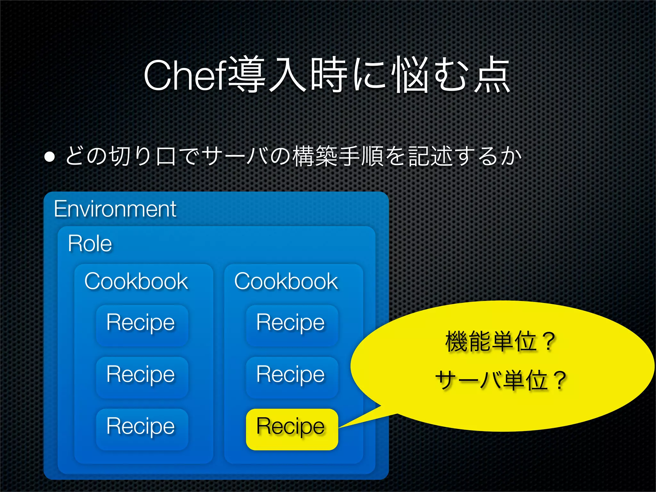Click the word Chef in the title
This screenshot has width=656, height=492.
click(x=186, y=76)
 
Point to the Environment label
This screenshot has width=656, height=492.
click(x=115, y=209)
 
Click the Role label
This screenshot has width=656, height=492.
click(x=90, y=244)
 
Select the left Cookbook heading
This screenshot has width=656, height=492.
click(x=136, y=282)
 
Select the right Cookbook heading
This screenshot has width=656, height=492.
click(x=286, y=282)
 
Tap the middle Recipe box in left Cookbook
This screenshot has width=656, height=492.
click(x=141, y=377)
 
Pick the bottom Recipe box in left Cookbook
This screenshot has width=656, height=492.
click(x=141, y=429)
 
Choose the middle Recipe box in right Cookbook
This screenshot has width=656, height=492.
click(x=291, y=377)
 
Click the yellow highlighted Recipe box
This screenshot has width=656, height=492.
click(x=291, y=429)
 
